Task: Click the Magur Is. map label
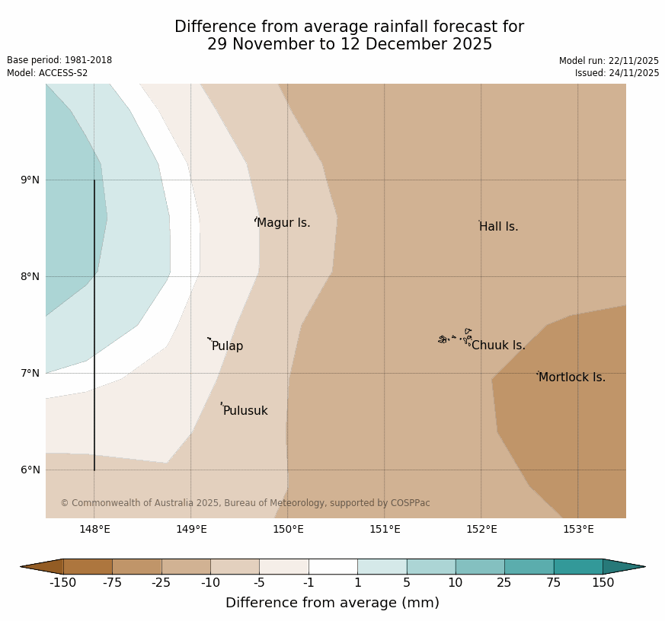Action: click(283, 223)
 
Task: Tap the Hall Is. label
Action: click(499, 227)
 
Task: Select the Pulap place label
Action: click(227, 346)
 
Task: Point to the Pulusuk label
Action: click(245, 411)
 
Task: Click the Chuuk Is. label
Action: click(498, 346)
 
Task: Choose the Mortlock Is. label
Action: click(571, 377)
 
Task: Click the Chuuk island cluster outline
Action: click(455, 337)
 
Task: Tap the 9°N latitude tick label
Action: click(30, 180)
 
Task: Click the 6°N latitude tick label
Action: click(30, 470)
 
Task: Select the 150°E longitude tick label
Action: click(288, 530)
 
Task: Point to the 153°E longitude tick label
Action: click(578, 530)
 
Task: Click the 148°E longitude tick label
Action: click(94, 530)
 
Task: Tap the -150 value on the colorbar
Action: click(63, 583)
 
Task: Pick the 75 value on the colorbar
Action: click(554, 583)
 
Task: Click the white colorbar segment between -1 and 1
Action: click(333, 566)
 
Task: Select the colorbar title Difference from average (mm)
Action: click(332, 603)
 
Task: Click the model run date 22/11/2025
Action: click(633, 61)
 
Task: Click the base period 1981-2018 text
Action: click(85, 60)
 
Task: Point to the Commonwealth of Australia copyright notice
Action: click(245, 503)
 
